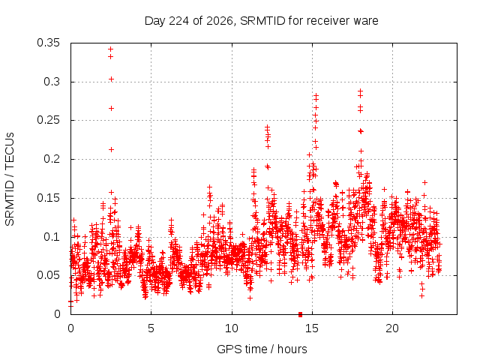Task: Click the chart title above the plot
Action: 262,21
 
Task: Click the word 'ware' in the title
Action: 366,22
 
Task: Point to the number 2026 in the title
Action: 220,21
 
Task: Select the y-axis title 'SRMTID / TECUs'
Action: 10,179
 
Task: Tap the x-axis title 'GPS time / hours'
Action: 262,349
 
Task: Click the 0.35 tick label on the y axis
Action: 48,43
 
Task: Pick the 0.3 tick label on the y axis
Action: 52,82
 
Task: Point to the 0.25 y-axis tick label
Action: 48,120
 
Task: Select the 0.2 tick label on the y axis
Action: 52,159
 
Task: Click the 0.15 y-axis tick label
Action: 48,198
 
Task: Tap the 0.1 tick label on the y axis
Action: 52,237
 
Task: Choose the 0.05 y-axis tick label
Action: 48,275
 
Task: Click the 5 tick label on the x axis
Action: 151,328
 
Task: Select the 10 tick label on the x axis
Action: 232,328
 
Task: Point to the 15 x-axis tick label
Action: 312,328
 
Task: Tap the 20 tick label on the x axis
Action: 392,328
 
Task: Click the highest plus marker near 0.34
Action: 111,49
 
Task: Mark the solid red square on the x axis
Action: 300,314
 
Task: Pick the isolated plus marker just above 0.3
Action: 112,79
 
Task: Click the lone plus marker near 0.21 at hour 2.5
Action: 112,149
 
